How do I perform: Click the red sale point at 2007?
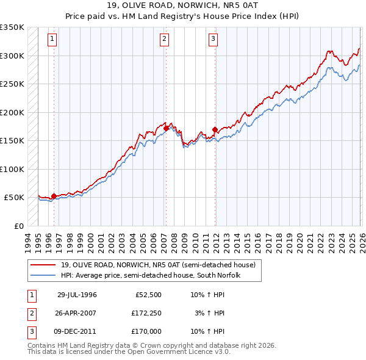click(x=166, y=128)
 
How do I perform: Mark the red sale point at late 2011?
click(x=215, y=129)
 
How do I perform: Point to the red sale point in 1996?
click(x=54, y=196)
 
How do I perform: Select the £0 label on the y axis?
click(x=18, y=226)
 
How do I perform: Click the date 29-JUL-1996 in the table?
click(x=77, y=295)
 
